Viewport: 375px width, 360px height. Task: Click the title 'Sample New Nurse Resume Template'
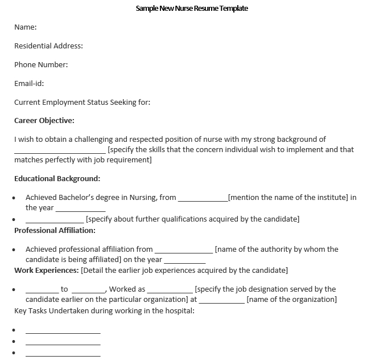point(192,9)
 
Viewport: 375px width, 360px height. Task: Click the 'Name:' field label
point(26,27)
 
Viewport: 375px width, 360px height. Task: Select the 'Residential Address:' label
point(48,46)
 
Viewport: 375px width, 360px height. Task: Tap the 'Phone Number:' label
point(41,64)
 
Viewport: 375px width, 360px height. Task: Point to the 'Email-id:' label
point(29,83)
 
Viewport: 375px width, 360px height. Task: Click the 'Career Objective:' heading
point(44,120)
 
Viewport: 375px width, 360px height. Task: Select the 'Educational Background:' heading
point(57,178)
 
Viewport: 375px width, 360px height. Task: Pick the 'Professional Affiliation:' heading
point(55,230)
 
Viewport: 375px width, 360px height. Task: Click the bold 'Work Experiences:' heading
point(47,270)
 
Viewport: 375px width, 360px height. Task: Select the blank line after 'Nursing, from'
point(203,199)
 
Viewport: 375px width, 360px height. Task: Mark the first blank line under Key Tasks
point(63,332)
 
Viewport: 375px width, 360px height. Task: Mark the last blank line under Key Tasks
point(63,355)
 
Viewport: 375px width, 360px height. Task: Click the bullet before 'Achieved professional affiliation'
point(13,249)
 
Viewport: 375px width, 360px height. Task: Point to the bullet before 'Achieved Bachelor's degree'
point(13,198)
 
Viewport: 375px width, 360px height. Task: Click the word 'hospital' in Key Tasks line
point(178,311)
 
